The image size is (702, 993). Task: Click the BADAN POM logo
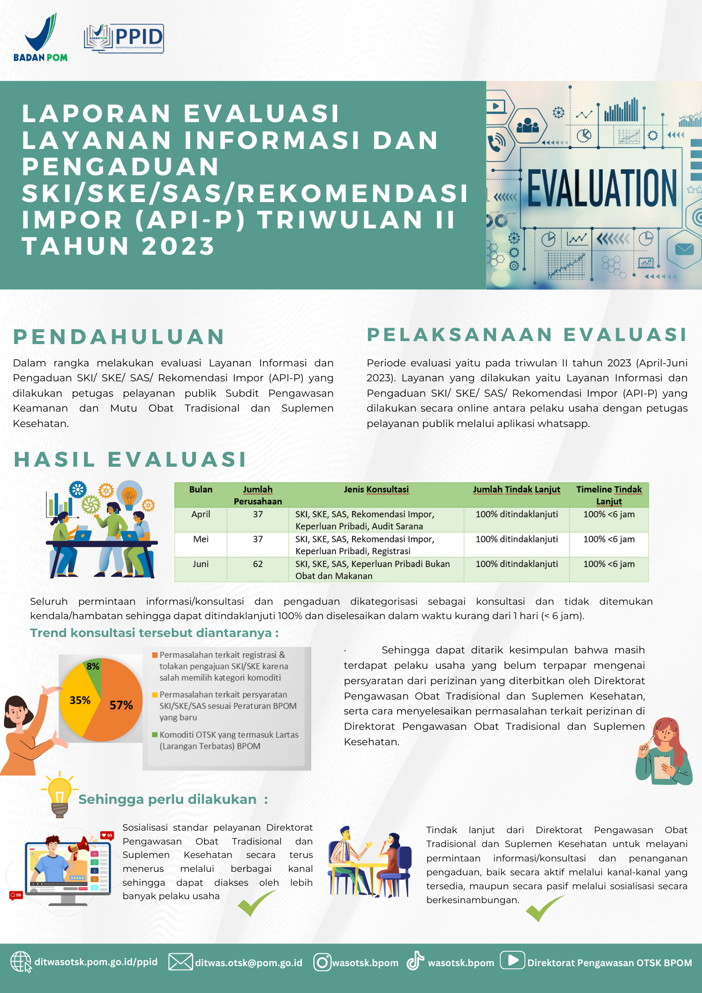[41, 38]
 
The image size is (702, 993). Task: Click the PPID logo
[124, 38]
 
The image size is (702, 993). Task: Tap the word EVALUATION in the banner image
[602, 188]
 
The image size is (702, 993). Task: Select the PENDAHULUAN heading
[119, 337]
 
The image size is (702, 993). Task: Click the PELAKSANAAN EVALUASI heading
[527, 335]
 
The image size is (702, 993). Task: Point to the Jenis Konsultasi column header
[376, 490]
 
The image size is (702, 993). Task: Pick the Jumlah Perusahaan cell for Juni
[258, 564]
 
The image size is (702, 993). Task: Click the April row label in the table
[201, 514]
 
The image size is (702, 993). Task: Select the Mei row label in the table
[201, 539]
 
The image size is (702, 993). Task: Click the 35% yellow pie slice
[79, 700]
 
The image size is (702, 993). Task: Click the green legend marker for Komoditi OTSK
[155, 735]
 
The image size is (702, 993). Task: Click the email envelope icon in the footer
[180, 962]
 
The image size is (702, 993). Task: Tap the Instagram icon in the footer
[322, 962]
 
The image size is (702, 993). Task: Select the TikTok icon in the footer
[415, 961]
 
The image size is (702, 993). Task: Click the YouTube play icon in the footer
[512, 960]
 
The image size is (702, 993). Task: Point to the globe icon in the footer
[21, 962]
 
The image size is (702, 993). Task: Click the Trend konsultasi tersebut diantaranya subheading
[154, 633]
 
